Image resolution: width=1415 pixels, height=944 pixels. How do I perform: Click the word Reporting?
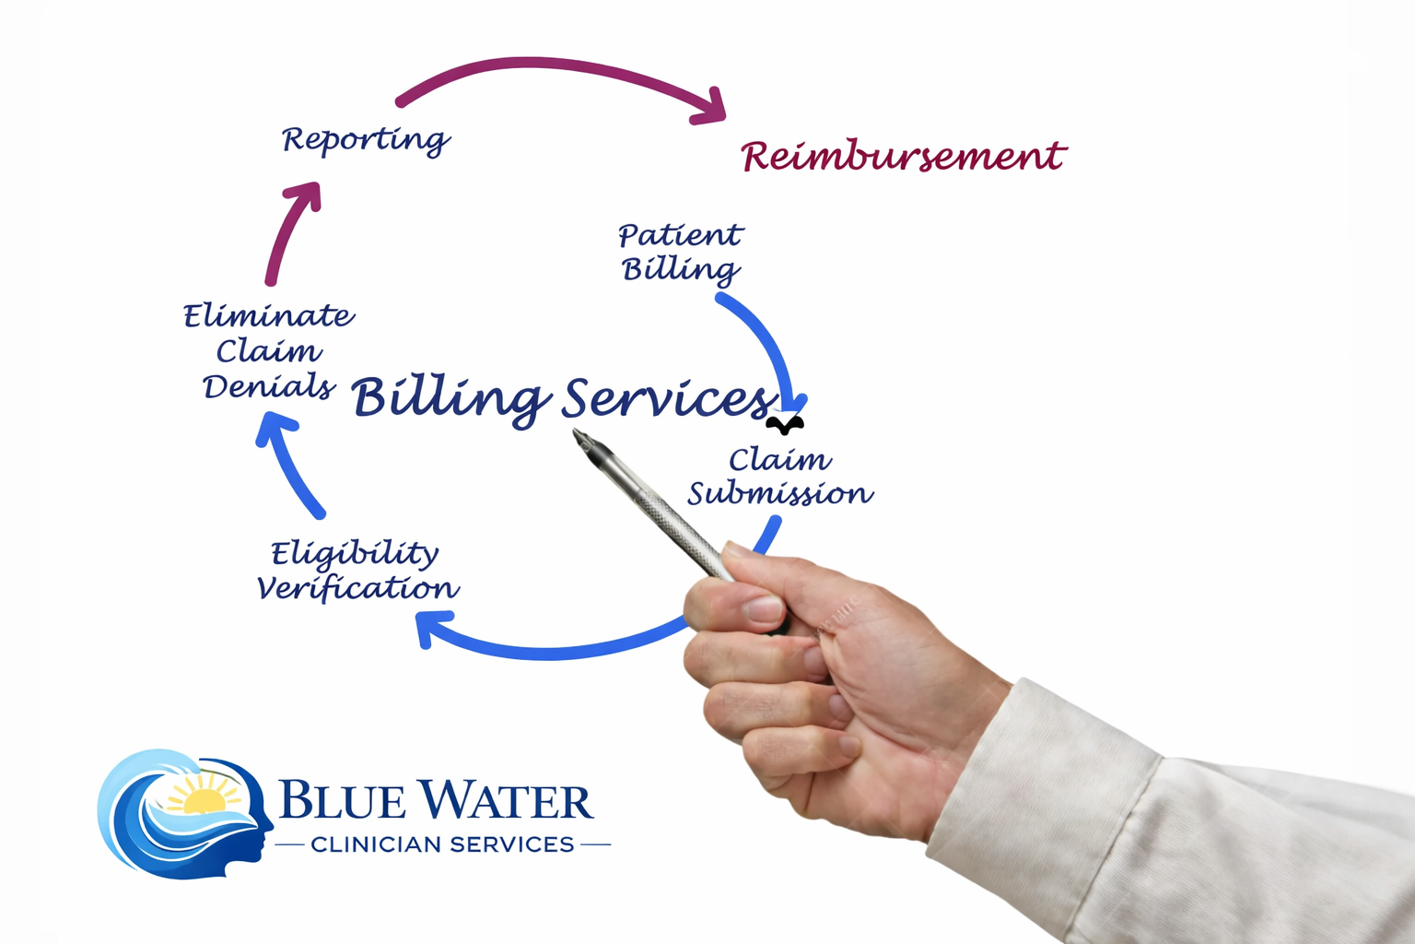(x=365, y=140)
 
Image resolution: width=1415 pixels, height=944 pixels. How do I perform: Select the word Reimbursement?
(x=903, y=157)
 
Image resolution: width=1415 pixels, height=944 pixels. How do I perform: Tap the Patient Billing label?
(x=680, y=252)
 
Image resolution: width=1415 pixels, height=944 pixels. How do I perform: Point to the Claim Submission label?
(x=780, y=477)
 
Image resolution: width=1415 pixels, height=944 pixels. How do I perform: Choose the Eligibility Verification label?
(x=357, y=571)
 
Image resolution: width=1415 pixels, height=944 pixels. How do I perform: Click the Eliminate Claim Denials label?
(x=268, y=351)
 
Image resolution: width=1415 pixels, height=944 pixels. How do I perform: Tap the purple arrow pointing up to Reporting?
(x=290, y=230)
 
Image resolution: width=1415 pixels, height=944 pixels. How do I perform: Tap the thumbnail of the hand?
(x=765, y=608)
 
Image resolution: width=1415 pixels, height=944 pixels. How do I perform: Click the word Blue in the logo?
(x=342, y=800)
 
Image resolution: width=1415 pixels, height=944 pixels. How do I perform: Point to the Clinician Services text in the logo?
(x=442, y=844)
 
